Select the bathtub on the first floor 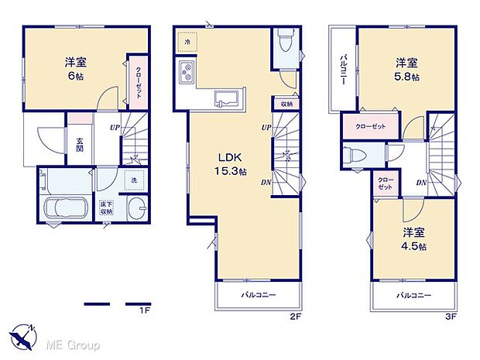65,208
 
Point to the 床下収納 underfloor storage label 106,207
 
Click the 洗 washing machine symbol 133,180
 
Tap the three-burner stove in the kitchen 188,74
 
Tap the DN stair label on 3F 421,183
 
